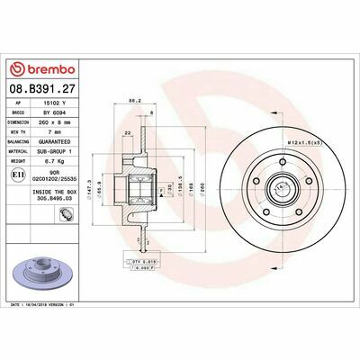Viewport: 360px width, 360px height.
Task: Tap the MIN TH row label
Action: (21, 131)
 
